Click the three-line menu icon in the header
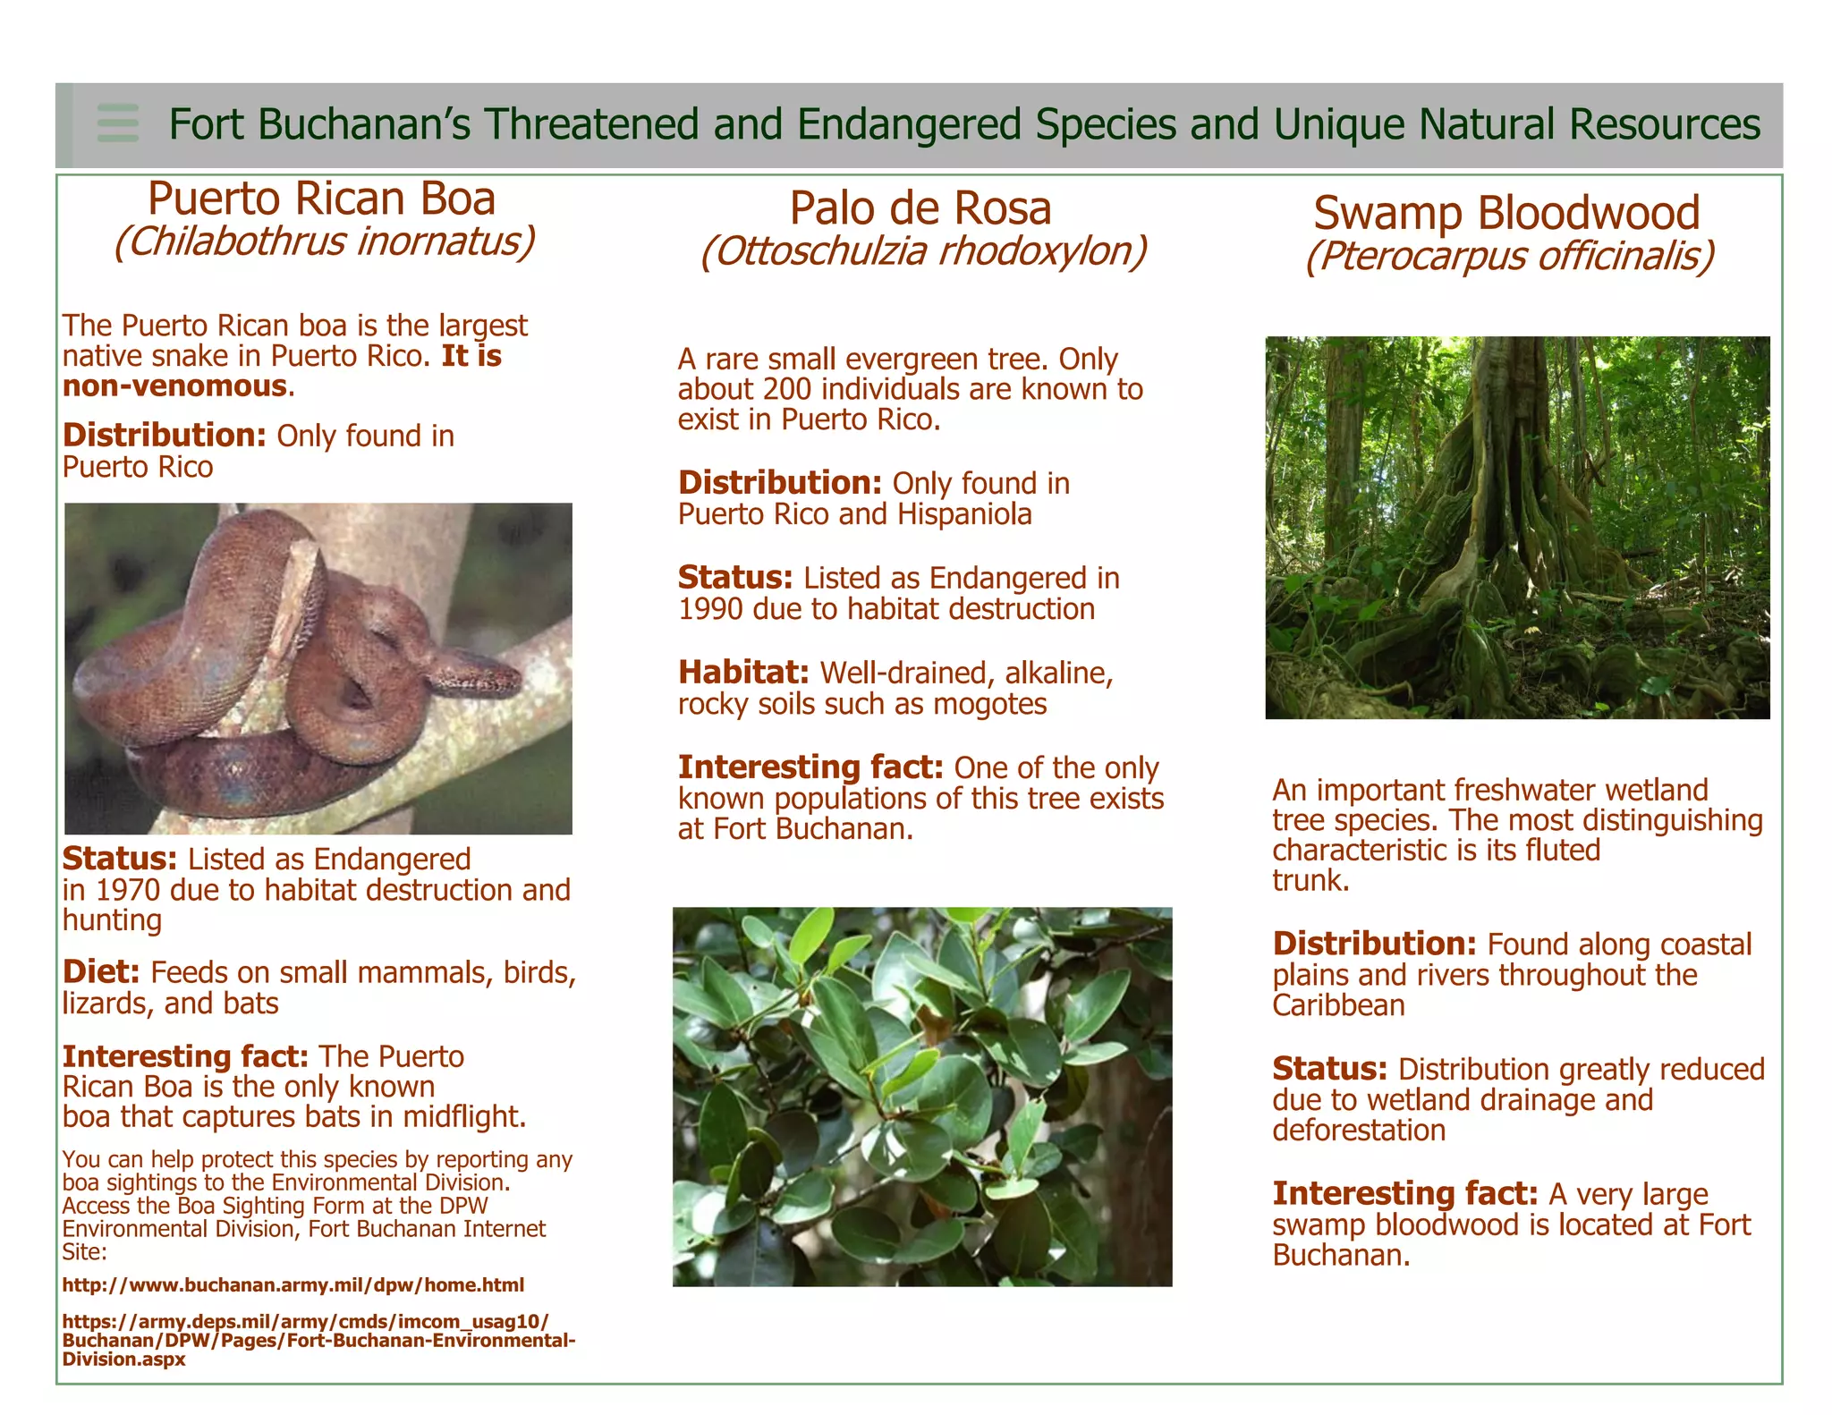tap(118, 123)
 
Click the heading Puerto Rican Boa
tap(321, 199)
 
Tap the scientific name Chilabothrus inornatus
tap(324, 241)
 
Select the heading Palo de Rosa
tap(920, 208)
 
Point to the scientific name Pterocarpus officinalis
tap(1509, 256)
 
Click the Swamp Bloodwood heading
tap(1506, 213)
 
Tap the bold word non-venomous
tap(174, 386)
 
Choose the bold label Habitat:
tap(743, 673)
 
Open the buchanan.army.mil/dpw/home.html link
tap(293, 1285)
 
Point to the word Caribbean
tap(1338, 1005)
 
